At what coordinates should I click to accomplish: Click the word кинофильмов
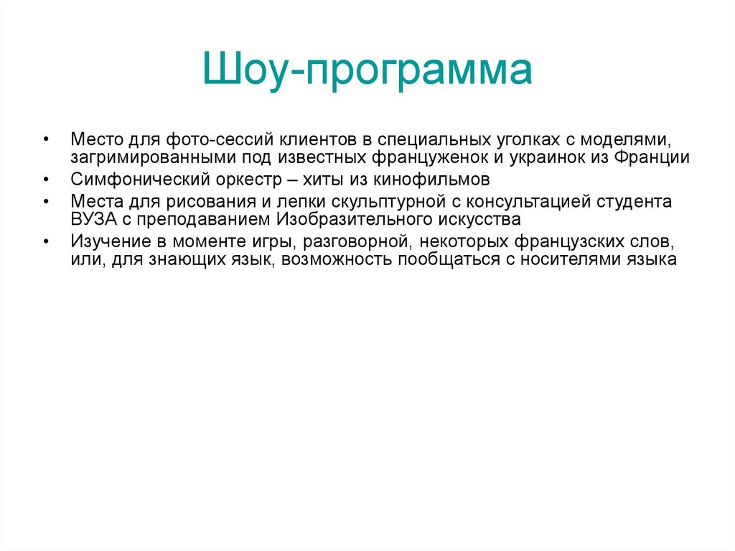point(427,180)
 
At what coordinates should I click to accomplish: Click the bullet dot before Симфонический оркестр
point(47,180)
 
